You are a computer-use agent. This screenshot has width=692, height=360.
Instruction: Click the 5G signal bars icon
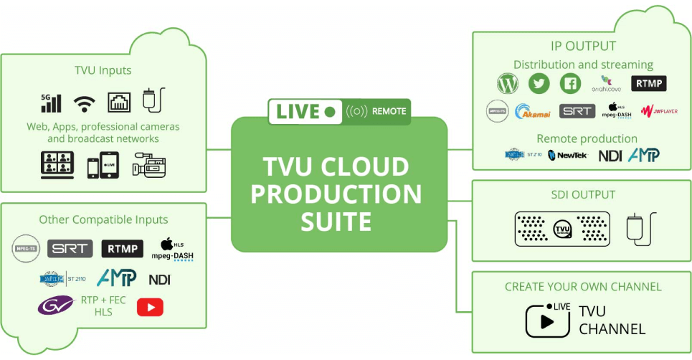51,103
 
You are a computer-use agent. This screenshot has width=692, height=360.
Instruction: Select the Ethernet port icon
119,103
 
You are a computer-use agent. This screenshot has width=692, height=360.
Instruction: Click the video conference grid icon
57,165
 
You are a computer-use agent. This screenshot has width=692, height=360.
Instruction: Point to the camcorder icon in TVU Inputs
149,165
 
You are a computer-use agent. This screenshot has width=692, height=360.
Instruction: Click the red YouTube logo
150,307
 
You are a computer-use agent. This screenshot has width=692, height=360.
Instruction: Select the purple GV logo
55,306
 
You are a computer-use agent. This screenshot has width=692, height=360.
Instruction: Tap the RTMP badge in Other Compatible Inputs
122,249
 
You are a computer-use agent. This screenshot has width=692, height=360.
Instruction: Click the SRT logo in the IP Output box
577,111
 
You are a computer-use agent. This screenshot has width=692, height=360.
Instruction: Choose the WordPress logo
507,84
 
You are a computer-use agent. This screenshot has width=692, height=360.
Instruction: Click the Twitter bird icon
539,84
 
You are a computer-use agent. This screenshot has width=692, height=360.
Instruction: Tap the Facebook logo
570,84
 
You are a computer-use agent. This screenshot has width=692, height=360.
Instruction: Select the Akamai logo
532,111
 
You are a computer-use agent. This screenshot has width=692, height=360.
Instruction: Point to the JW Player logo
658,111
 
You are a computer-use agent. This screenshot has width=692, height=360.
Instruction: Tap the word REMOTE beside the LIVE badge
389,111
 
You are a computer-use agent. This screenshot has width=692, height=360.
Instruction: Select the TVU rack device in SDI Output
562,229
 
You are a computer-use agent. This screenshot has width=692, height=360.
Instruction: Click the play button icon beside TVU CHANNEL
544,321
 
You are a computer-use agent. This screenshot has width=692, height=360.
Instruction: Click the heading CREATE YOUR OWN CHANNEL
582,287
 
